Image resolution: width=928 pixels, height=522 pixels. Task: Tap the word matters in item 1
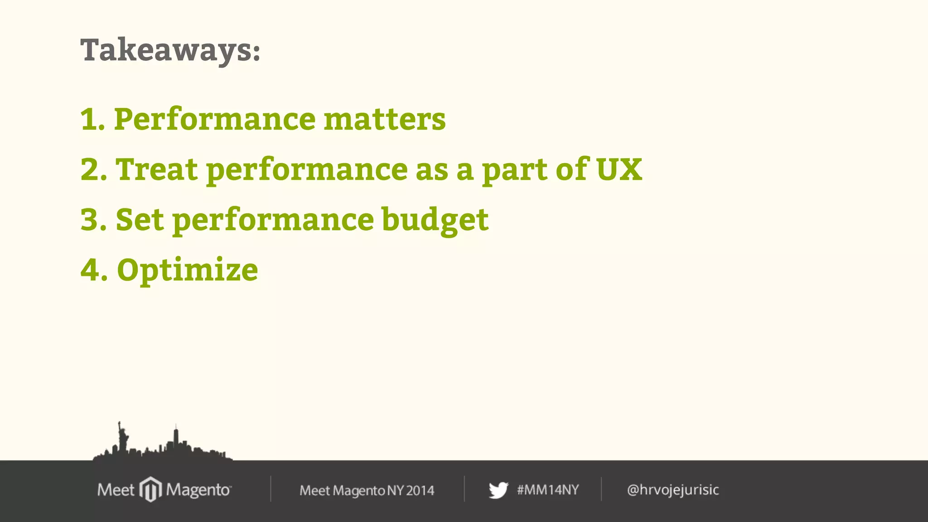385,119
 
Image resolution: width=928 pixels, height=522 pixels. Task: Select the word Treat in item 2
157,169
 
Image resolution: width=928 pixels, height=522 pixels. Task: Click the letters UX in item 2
619,169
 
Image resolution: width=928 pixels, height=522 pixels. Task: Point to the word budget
435,220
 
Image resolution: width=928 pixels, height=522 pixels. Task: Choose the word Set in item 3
140,220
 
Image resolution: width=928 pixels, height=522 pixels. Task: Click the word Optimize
187,271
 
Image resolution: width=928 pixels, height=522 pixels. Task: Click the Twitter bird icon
498,490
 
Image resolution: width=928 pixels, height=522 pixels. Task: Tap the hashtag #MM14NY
548,490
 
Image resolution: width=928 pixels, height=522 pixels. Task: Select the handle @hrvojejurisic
673,490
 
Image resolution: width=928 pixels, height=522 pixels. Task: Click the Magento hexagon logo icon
150,489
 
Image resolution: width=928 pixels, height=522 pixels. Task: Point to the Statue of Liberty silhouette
121,437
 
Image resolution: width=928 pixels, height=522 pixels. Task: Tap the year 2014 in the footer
420,490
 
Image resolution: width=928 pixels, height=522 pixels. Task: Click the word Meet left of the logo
116,490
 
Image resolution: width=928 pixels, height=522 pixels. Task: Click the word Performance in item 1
215,120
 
